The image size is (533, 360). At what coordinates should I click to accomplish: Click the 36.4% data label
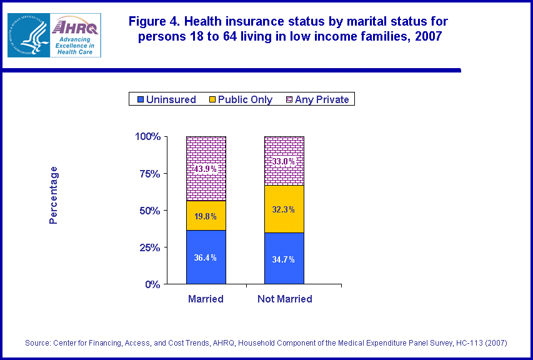point(205,258)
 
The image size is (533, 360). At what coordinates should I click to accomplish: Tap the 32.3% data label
point(284,209)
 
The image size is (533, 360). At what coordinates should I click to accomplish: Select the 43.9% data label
point(205,169)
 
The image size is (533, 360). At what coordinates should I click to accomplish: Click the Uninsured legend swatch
point(140,99)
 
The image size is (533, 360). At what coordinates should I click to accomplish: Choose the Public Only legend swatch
point(212,99)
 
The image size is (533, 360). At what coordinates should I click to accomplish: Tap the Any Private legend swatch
point(289,99)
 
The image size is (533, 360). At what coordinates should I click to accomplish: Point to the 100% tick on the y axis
point(147,136)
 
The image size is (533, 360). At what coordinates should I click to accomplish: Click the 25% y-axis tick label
point(150,247)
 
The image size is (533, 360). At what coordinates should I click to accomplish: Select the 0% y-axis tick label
point(152,284)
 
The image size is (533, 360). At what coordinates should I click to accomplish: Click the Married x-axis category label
point(206,299)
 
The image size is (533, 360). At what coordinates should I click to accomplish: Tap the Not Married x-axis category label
point(284,299)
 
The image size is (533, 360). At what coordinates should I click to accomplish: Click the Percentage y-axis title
point(54,195)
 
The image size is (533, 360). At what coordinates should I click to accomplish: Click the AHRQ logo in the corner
point(54,35)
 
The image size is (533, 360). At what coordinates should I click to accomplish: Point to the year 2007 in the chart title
point(428,36)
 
